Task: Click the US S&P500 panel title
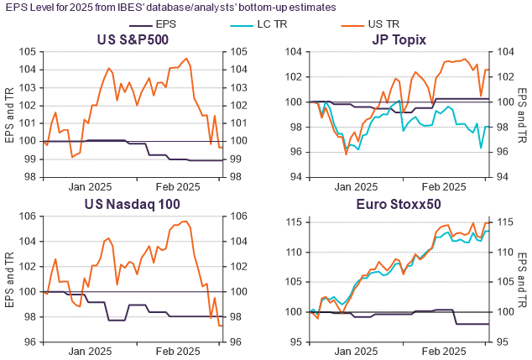click(133, 39)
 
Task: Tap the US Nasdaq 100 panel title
click(133, 203)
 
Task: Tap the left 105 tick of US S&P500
click(31, 51)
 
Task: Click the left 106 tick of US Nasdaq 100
click(31, 217)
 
